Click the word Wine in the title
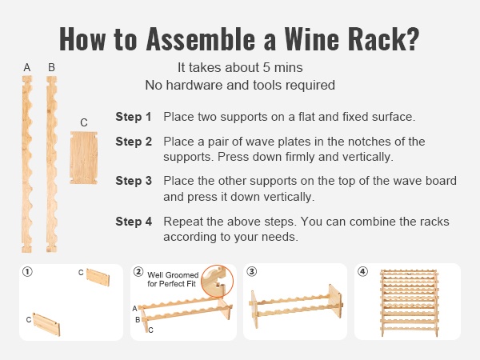pos(311,39)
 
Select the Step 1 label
pos(134,117)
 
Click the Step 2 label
pos(134,142)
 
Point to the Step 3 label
pos(134,181)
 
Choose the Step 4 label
pos(134,222)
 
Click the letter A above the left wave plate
pos(27,67)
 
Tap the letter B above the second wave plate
pos(51,67)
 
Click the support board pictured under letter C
pos(83,158)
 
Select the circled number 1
pos(27,272)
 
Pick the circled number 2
pos(138,272)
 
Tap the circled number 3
pos(252,272)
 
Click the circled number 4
pos(362,272)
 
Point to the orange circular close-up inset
pos(218,281)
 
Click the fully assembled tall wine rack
pos(409,303)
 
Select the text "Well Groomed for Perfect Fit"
pos(173,279)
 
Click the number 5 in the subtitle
pos(266,68)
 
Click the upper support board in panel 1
pos(98,278)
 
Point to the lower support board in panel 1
pos(46,324)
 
